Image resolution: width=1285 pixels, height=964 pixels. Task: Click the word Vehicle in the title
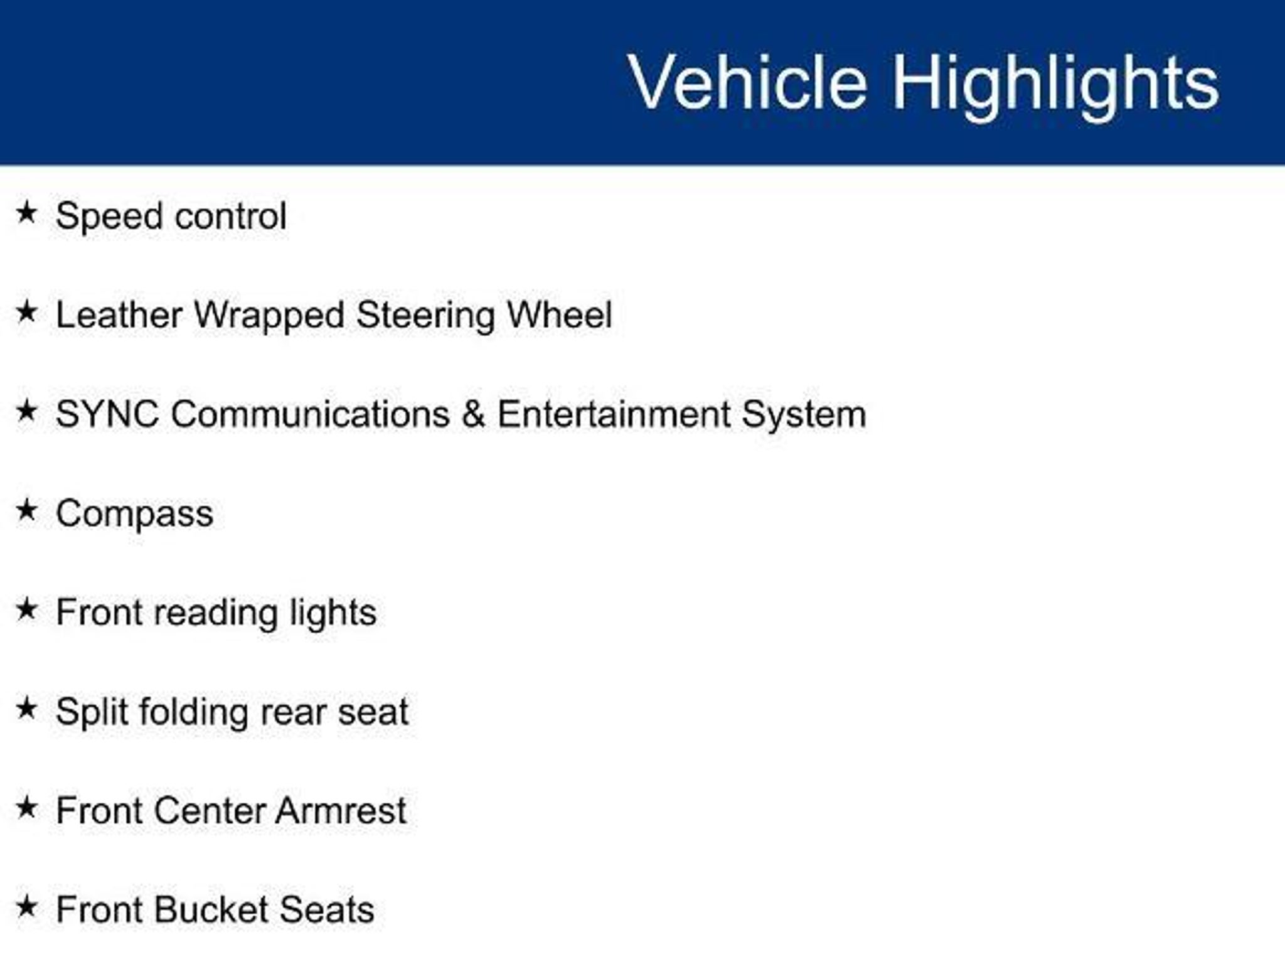click(747, 82)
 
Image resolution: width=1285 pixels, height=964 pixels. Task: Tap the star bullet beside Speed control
click(26, 212)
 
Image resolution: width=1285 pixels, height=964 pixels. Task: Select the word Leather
click(119, 314)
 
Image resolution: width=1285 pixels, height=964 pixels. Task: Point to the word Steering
click(426, 315)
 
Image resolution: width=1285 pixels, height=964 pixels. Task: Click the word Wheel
click(559, 314)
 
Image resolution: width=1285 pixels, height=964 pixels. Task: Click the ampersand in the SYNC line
click(473, 414)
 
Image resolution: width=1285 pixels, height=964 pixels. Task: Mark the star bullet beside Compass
click(26, 510)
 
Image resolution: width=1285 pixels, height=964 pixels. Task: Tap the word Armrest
click(341, 810)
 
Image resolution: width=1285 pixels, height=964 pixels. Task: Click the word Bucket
click(211, 909)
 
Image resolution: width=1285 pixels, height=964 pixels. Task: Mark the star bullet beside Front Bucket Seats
click(26, 906)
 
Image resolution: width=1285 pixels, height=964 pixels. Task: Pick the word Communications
click(311, 414)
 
